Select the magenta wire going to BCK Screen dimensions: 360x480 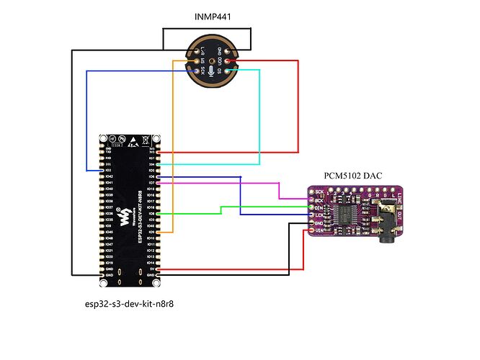pos(278,189)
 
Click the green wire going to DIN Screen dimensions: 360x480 pos(220,210)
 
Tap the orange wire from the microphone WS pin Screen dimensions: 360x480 pos(173,144)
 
